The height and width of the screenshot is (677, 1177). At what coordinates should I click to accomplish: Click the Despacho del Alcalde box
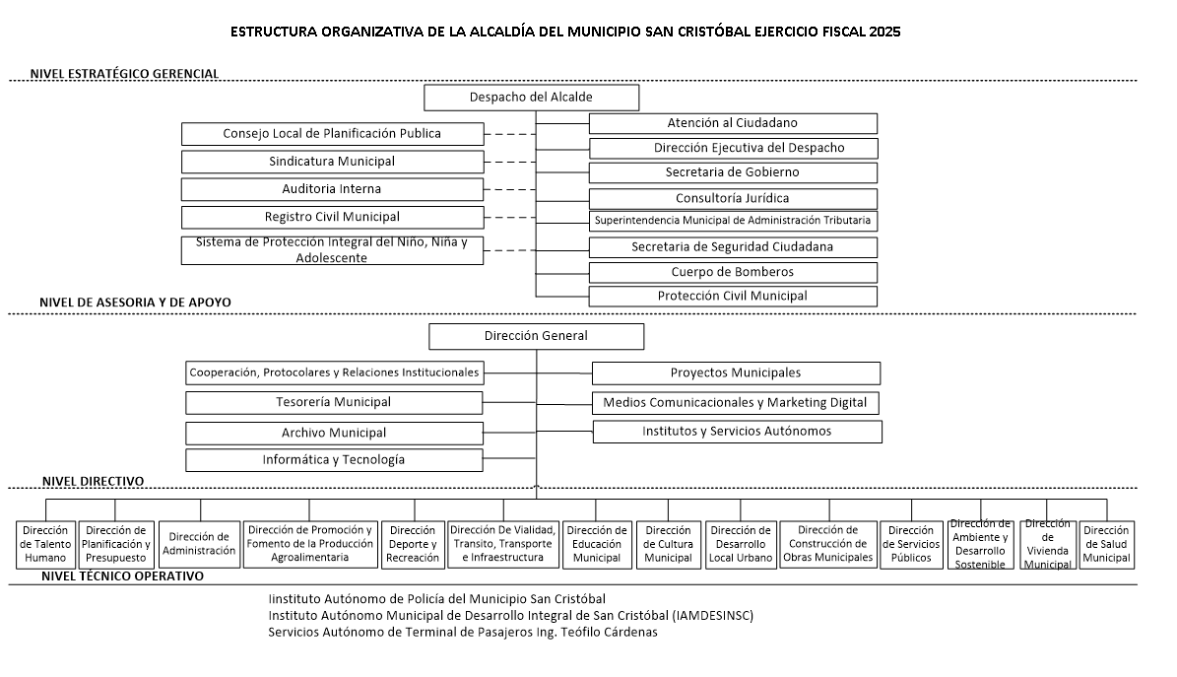(x=531, y=98)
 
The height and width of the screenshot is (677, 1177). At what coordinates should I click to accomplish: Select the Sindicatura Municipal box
(x=332, y=162)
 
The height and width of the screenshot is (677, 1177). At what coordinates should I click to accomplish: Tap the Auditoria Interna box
(x=332, y=189)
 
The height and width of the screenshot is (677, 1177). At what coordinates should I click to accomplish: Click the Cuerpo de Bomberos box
(x=733, y=272)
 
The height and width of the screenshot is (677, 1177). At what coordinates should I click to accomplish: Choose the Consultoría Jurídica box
(x=733, y=199)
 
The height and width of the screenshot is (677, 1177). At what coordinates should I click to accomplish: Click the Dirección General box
(x=536, y=336)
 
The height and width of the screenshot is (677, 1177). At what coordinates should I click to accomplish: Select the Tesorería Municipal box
(x=334, y=402)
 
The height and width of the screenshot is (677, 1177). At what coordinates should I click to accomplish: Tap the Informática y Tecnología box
(x=334, y=460)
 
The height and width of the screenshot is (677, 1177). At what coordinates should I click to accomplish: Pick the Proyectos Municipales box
(x=736, y=373)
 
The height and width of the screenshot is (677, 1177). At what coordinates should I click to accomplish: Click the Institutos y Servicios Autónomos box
(x=737, y=432)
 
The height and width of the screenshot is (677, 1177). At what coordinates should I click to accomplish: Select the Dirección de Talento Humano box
(x=45, y=544)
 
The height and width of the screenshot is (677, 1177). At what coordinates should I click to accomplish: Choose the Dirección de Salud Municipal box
(x=1106, y=544)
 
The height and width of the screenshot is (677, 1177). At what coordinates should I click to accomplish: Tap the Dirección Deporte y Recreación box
(x=413, y=544)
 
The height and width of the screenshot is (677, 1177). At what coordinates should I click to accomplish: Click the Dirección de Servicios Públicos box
(x=911, y=544)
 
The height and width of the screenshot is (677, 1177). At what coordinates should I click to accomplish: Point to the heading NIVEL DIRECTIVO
(x=94, y=481)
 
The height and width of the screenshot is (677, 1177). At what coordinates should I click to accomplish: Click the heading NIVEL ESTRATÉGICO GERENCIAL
(x=124, y=74)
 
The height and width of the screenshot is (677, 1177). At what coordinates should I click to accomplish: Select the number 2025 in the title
(x=884, y=32)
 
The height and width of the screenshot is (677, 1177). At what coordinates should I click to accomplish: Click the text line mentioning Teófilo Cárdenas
(x=463, y=633)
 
